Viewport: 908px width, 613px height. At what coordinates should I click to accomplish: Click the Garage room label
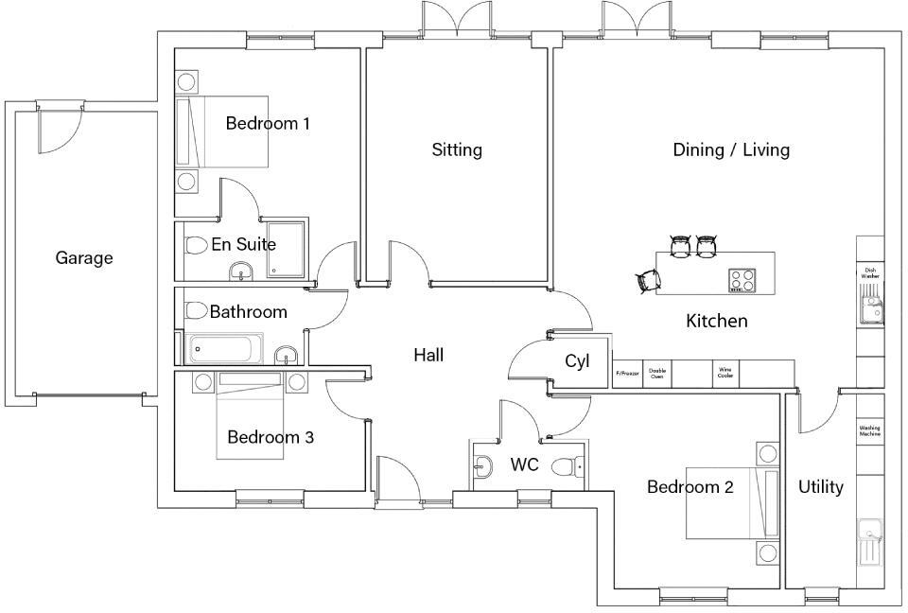[84, 257]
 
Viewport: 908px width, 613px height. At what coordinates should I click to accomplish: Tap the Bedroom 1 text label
[268, 123]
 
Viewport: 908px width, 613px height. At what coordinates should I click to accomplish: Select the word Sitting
[457, 149]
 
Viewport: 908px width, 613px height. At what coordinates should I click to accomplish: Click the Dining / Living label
[731, 149]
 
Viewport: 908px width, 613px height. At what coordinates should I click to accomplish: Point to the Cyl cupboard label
[577, 360]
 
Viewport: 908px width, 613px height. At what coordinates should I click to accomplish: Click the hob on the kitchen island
[742, 280]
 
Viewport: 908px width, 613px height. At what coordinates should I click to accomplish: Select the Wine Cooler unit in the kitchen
[725, 373]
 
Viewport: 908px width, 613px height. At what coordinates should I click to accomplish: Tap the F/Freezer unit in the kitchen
[627, 373]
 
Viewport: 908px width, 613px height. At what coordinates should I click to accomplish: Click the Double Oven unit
[657, 373]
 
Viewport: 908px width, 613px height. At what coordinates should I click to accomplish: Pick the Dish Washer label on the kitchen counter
[870, 272]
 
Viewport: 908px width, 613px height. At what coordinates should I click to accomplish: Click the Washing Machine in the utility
[870, 430]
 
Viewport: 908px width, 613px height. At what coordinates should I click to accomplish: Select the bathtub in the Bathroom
[226, 349]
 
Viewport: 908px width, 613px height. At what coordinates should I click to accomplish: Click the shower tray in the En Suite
[287, 250]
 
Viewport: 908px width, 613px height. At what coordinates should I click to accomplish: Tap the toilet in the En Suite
[195, 245]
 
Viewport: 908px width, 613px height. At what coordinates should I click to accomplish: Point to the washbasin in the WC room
[482, 465]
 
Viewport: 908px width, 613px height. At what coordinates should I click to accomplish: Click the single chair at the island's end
[646, 280]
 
